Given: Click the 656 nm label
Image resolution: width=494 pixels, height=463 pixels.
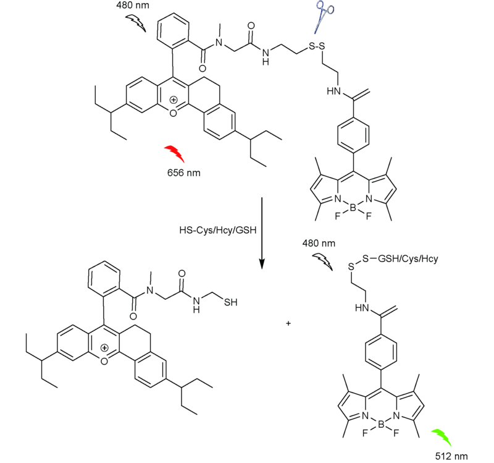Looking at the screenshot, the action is pos(183,173).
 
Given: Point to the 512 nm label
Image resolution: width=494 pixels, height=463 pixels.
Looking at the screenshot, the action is pos(451,456).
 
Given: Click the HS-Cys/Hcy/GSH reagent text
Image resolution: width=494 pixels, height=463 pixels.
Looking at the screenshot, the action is pos(218,230).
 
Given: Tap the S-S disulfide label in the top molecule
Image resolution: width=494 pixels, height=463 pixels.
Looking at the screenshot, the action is pos(317,46).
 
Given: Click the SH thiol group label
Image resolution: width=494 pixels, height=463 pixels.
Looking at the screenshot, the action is pos(230,302).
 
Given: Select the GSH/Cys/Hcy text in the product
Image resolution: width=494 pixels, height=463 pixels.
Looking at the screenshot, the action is pos(408,259).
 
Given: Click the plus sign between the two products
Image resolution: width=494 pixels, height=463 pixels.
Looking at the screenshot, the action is pos(288,323).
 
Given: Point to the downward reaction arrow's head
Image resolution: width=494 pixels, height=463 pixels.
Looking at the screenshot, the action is pos(261,265).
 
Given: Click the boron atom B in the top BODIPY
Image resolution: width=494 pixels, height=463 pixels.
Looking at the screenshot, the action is pos(353,208).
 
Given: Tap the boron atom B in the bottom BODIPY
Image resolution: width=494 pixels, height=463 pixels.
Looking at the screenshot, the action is pos(380,425).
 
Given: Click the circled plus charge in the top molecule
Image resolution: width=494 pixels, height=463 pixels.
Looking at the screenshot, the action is pos(174,100).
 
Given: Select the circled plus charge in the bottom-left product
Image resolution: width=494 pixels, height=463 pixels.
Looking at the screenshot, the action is pos(104,348).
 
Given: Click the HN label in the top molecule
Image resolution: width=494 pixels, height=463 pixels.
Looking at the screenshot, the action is pos(334,91).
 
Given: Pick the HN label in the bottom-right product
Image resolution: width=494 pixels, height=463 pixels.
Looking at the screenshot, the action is pos(362,308).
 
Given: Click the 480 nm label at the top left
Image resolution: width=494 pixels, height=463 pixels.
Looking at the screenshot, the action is pos(133,6).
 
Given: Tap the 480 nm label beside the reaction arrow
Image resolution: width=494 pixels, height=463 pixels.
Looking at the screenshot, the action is pos(319,243).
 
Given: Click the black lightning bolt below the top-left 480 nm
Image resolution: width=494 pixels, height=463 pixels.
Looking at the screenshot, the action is pos(136,23).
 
